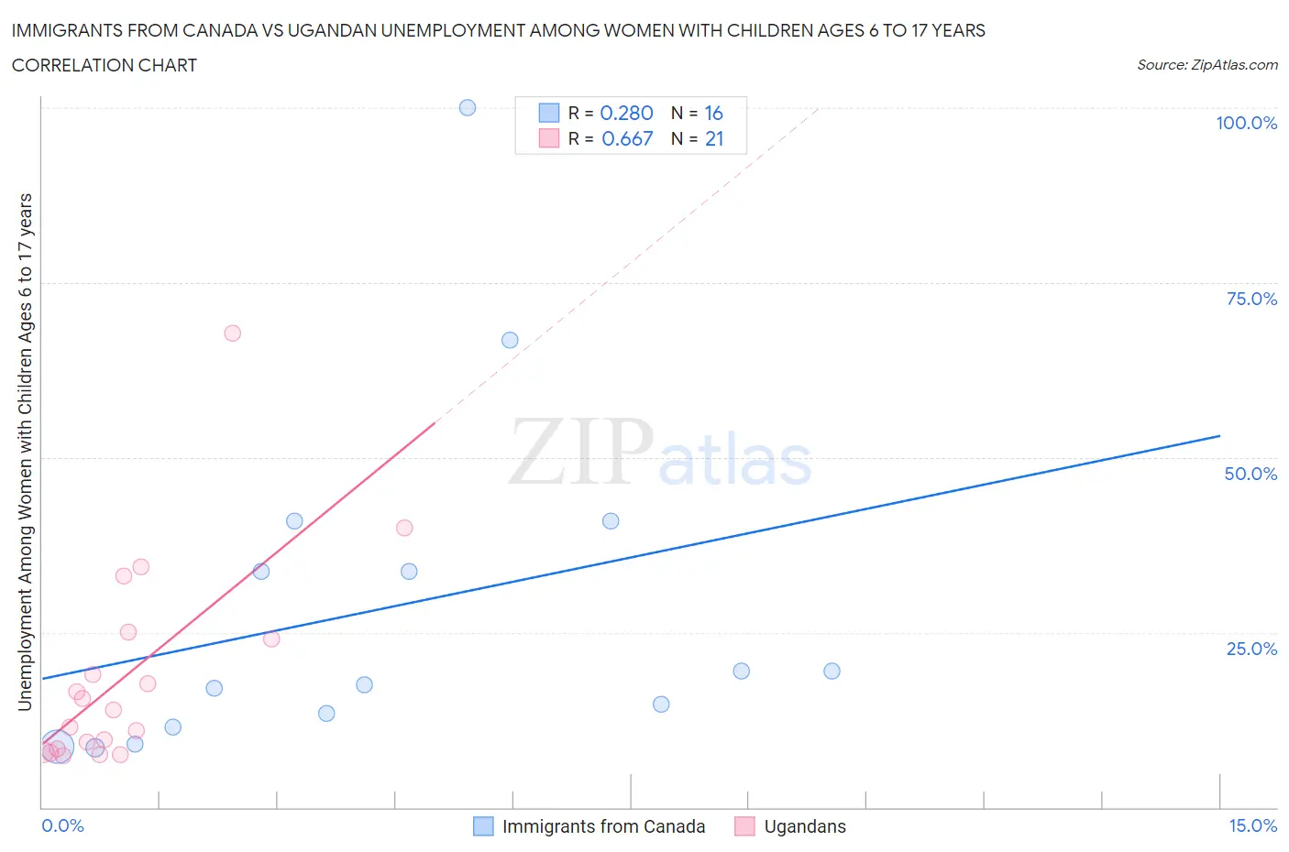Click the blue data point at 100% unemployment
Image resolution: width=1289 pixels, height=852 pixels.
[x=468, y=107]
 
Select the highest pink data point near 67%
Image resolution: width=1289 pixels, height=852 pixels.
[x=232, y=333]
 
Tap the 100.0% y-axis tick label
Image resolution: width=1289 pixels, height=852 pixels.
[x=1246, y=123]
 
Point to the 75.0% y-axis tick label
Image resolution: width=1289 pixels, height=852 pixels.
[x=1251, y=299]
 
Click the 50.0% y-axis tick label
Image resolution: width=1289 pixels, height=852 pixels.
[x=1250, y=474]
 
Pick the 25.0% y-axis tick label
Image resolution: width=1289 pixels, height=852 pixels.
[x=1251, y=649]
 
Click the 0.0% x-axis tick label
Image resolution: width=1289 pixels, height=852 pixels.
[x=62, y=825]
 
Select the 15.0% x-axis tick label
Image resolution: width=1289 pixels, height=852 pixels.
[x=1252, y=825]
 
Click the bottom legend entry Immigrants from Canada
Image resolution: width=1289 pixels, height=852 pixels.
[x=603, y=826]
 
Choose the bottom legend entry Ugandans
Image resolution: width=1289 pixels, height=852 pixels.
[x=805, y=826]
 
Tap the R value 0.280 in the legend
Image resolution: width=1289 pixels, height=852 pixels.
[x=626, y=113]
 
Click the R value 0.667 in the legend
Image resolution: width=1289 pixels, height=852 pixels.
[x=627, y=138]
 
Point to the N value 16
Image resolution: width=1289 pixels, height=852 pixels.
[x=713, y=113]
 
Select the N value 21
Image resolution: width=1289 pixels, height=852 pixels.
[x=714, y=138]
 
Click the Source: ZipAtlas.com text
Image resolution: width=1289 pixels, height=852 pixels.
[x=1206, y=64]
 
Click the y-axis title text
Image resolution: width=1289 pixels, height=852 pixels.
[x=25, y=452]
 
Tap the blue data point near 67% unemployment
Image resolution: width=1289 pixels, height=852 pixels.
[x=510, y=340]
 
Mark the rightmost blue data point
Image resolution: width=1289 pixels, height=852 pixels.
[x=832, y=671]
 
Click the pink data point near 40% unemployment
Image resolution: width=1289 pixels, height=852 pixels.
[x=404, y=528]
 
